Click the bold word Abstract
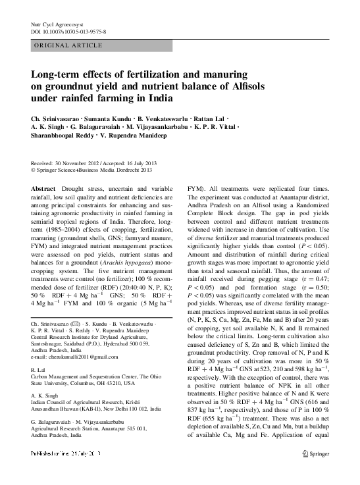[x=43, y=188]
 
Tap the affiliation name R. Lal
[x=39, y=370]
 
